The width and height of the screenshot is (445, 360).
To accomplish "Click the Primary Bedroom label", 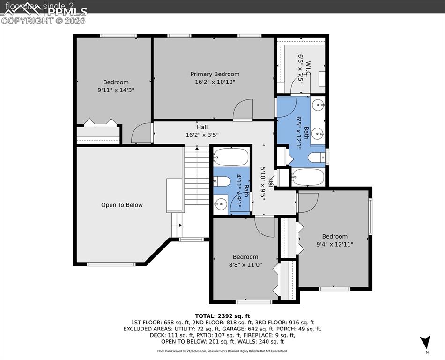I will tap(215, 74).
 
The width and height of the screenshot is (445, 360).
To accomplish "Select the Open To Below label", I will tap(122, 205).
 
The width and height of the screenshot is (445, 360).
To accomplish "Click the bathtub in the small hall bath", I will tap(231, 157).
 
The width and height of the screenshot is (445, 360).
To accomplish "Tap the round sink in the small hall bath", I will tap(221, 203).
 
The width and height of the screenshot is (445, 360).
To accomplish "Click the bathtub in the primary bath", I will tap(308, 177).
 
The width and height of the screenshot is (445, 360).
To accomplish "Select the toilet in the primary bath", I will tap(317, 158).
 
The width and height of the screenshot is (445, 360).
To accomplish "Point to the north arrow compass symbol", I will tap(425, 342).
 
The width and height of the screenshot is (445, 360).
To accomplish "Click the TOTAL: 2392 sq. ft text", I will tap(222, 316).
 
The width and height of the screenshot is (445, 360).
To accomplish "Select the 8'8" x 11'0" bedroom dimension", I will tap(245, 264).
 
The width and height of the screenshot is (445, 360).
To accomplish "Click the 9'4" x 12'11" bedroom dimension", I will tap(334, 244).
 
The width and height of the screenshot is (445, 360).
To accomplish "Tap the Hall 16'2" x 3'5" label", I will tap(202, 131).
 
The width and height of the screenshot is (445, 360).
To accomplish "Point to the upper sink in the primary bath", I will tap(318, 104).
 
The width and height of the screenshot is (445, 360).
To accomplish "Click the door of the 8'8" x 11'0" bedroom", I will tap(265, 226).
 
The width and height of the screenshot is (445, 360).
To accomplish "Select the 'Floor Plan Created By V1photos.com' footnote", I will tap(222, 351).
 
